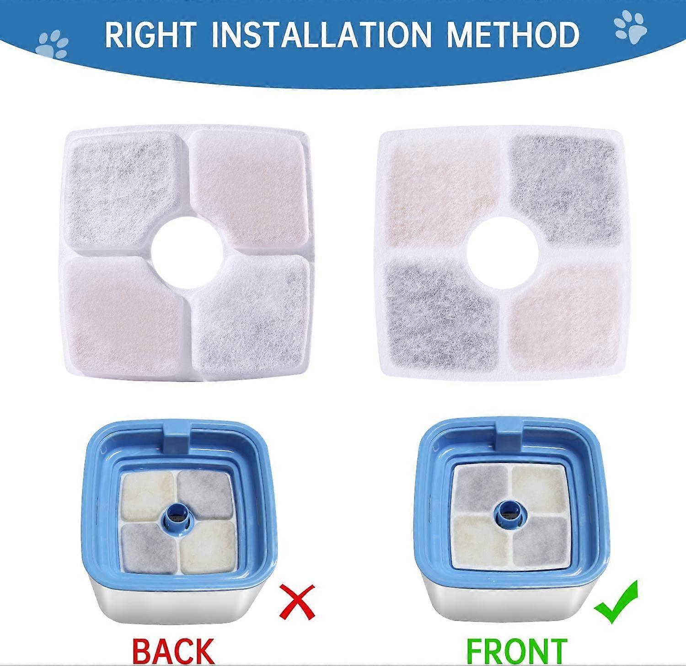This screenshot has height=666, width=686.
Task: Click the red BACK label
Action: click(x=173, y=650)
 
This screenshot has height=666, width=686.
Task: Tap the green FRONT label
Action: click(x=517, y=650)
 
